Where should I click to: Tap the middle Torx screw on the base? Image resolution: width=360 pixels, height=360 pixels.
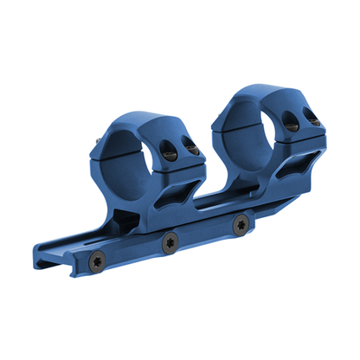click(x=170, y=242)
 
